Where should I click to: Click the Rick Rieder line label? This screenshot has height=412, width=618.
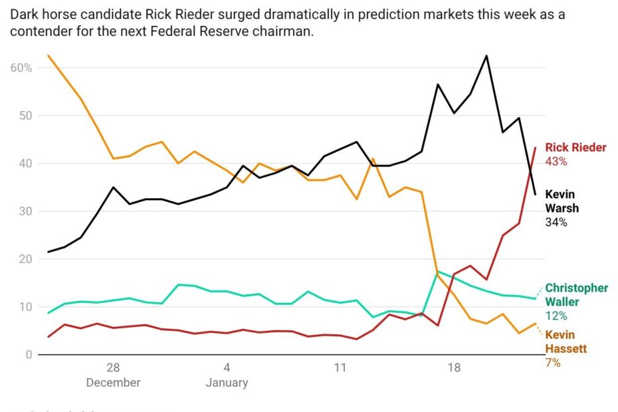[575, 148]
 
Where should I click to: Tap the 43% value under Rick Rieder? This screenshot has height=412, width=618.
[556, 161]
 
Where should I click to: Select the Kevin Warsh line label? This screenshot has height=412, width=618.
[562, 201]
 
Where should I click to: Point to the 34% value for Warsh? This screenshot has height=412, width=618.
[556, 222]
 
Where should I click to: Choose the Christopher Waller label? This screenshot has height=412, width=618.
[576, 295]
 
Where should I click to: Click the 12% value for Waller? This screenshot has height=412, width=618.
[556, 316]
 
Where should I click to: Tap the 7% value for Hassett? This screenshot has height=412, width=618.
[553, 363]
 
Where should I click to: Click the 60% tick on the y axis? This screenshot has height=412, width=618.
[21, 68]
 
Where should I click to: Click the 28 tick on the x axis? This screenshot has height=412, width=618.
[113, 367]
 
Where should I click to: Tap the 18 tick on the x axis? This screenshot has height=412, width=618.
[454, 367]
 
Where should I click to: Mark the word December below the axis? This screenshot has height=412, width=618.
[113, 383]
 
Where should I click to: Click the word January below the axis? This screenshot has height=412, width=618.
[227, 383]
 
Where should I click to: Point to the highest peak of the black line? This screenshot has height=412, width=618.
[486, 56]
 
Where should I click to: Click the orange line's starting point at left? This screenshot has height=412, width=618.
[49, 56]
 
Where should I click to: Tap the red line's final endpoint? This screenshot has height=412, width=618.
[536, 148]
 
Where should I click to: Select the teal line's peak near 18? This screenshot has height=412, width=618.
[438, 271]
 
